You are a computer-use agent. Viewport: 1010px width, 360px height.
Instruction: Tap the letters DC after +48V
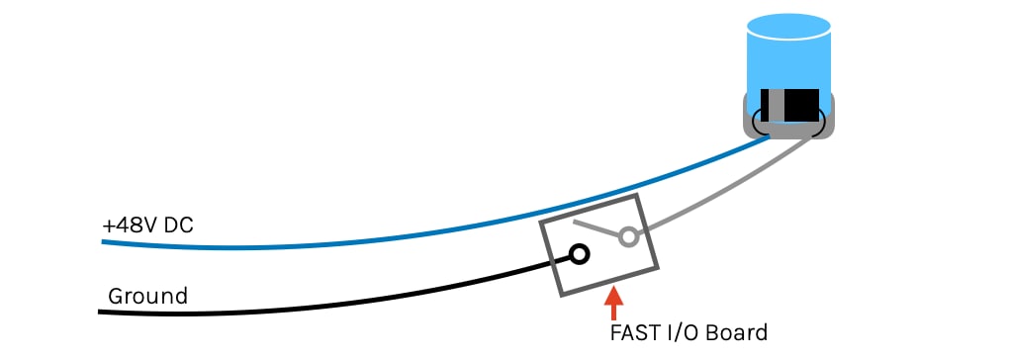point(179,225)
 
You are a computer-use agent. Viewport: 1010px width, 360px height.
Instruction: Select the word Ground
point(147,296)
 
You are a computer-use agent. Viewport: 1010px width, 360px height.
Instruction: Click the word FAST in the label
point(634,332)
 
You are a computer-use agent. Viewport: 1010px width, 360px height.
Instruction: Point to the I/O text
point(684,332)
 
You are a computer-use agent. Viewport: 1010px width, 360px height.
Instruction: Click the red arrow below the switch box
point(614,298)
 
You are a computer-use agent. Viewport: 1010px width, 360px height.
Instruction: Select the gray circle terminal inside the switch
point(626,237)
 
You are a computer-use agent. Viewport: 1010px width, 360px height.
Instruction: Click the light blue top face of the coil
point(788,25)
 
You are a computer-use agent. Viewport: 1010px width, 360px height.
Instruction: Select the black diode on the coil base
point(801,103)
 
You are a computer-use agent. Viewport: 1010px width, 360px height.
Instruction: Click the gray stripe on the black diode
point(777,103)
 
